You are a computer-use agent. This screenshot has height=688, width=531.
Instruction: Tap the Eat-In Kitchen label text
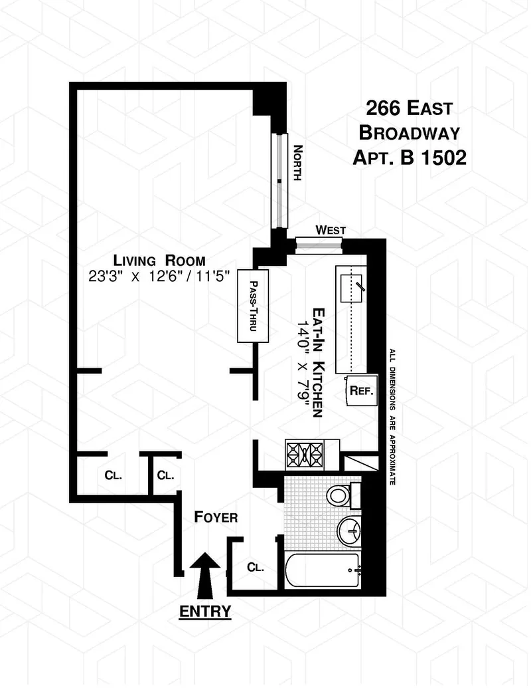[319, 362]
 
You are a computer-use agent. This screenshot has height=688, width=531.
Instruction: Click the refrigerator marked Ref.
[361, 392]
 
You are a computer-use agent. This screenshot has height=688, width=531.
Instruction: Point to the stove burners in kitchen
[303, 455]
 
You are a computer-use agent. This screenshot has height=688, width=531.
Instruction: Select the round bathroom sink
[352, 530]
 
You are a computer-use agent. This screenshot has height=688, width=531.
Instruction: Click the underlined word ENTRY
[205, 610]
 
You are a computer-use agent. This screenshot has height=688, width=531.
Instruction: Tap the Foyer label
[215, 517]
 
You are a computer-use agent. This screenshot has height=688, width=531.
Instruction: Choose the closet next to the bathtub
[255, 568]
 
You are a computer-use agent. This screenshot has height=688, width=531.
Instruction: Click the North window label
[298, 164]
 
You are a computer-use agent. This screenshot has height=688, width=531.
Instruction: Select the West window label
[330, 230]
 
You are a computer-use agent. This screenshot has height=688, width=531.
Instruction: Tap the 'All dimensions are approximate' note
[392, 416]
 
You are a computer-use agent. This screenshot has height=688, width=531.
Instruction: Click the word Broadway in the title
[409, 132]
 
